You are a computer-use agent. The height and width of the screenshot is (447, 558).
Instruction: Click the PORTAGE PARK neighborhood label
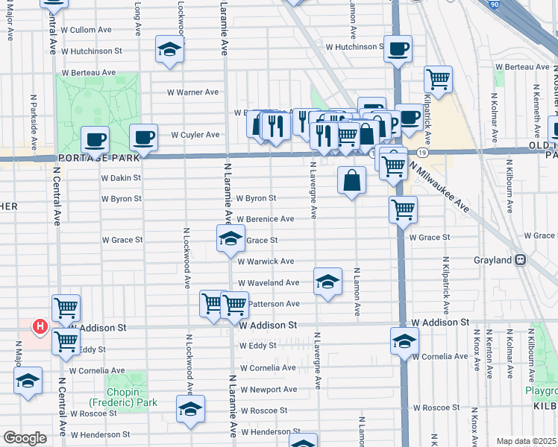[x=96, y=158]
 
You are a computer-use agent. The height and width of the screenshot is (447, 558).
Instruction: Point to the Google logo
[x=25, y=437]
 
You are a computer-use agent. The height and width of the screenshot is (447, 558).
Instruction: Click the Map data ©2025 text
[x=526, y=441]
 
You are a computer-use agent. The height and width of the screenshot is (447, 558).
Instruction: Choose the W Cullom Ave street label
[x=87, y=30]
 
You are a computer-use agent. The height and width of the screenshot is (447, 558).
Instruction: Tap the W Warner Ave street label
[x=192, y=92]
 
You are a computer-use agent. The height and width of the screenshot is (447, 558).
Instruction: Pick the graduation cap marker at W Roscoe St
[x=190, y=409]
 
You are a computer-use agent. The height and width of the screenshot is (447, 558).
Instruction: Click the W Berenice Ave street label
[x=266, y=219]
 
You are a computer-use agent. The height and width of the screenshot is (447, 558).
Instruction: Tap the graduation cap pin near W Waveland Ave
[x=327, y=282]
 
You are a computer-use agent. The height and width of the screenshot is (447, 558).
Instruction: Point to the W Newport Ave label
[x=268, y=390]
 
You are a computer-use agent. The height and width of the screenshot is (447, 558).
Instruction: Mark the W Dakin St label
[x=121, y=178]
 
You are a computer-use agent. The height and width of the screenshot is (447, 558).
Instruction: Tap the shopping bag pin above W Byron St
[x=351, y=180]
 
